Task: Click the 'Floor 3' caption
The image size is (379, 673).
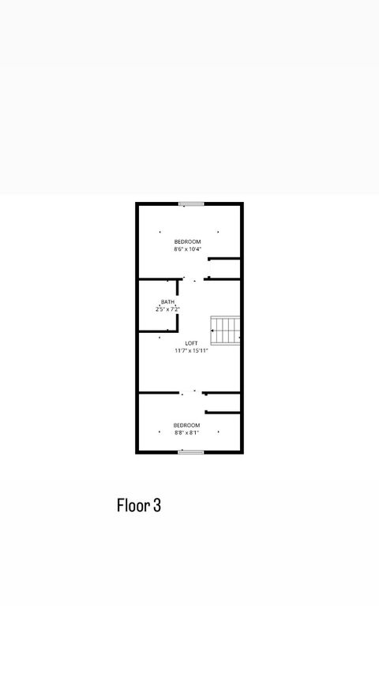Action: [139, 506]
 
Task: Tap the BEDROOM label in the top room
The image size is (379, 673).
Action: [187, 241]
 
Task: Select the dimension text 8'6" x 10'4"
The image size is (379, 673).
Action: [187, 249]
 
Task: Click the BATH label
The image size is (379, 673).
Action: [167, 302]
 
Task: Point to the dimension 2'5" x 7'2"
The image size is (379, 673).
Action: [167, 309]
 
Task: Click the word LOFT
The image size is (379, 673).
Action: [191, 343]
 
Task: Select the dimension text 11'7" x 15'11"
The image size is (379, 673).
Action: [191, 351]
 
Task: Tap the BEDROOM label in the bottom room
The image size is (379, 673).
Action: [186, 425]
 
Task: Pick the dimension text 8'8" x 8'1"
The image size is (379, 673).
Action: [186, 432]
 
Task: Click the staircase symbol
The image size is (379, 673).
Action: [226, 331]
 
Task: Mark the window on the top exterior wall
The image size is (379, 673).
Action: [191, 204]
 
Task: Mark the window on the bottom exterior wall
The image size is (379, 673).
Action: [191, 452]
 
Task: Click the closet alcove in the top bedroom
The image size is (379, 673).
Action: [225, 268]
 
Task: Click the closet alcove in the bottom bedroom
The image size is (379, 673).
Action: [224, 402]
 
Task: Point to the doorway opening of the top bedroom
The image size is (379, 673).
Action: [194, 279]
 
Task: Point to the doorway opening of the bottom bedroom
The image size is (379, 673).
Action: [193, 392]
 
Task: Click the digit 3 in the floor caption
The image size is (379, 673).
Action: [157, 506]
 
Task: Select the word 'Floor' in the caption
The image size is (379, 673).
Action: [133, 506]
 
